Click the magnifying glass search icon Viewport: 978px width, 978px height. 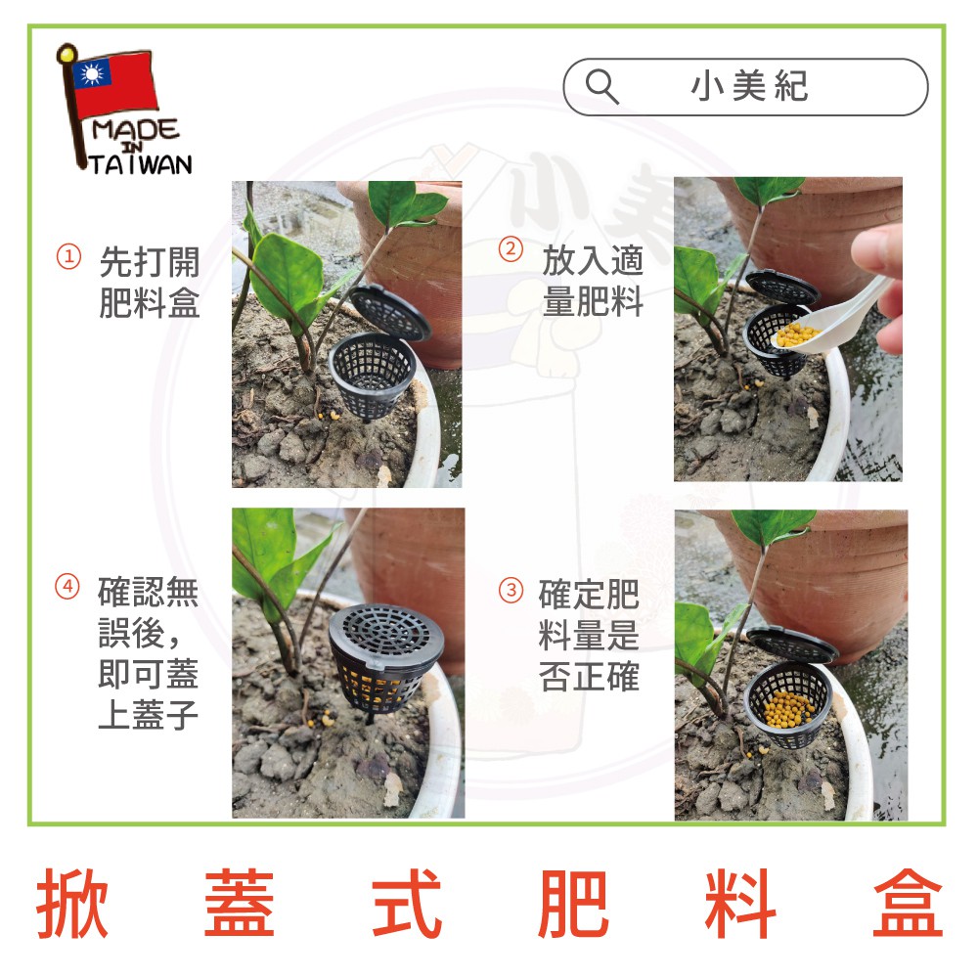click(x=601, y=87)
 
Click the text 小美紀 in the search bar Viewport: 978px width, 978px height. click(x=749, y=86)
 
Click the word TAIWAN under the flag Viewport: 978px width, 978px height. click(x=141, y=164)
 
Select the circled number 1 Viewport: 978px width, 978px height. click(x=68, y=256)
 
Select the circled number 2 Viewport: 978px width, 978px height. click(x=511, y=249)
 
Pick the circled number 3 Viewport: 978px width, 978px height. click(x=511, y=590)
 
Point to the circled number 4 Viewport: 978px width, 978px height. click(x=67, y=586)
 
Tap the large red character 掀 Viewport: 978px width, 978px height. click(x=72, y=903)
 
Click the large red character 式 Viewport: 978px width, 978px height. click(x=407, y=903)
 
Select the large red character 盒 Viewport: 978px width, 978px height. click(x=908, y=903)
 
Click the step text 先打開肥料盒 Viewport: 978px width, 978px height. click(x=150, y=282)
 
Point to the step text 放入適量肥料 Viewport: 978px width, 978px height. click(x=593, y=281)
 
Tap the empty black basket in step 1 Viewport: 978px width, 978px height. click(x=373, y=377)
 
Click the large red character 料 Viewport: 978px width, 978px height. click(x=740, y=903)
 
